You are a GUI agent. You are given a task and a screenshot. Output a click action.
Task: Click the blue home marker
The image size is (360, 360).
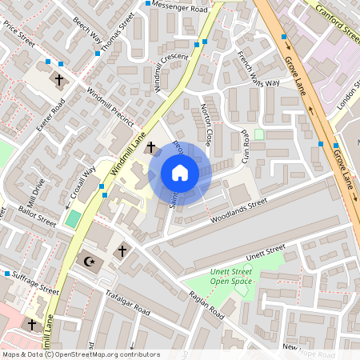(180, 173)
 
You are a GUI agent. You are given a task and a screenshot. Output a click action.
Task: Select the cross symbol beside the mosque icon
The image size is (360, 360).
(122, 251)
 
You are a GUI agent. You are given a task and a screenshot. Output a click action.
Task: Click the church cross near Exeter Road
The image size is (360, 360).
(58, 80)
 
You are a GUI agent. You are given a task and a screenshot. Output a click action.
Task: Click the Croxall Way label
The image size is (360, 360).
(82, 182)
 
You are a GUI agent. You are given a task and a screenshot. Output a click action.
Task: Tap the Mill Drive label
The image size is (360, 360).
(37, 191)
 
